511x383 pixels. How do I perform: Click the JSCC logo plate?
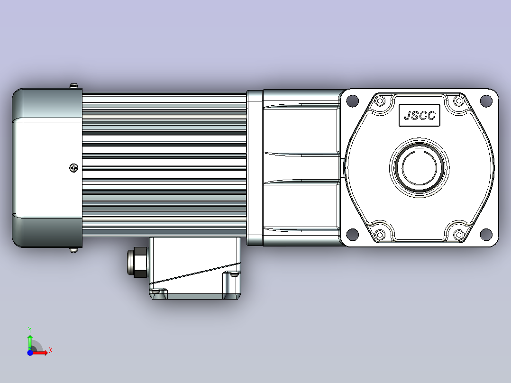click(420, 115)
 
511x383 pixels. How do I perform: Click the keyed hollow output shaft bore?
click(419, 167)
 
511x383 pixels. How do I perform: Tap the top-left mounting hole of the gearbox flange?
click(352, 100)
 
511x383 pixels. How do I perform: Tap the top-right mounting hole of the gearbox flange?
click(486, 100)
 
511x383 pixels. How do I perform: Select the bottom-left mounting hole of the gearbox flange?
click(352, 234)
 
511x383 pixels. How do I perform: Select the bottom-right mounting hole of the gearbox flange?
click(486, 234)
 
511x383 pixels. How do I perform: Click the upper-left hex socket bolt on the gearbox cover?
click(380, 100)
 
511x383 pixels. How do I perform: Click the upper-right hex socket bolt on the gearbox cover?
click(459, 100)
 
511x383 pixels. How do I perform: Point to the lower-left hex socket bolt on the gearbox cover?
click(380, 234)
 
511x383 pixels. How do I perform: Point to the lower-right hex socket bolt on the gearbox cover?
click(459, 234)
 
